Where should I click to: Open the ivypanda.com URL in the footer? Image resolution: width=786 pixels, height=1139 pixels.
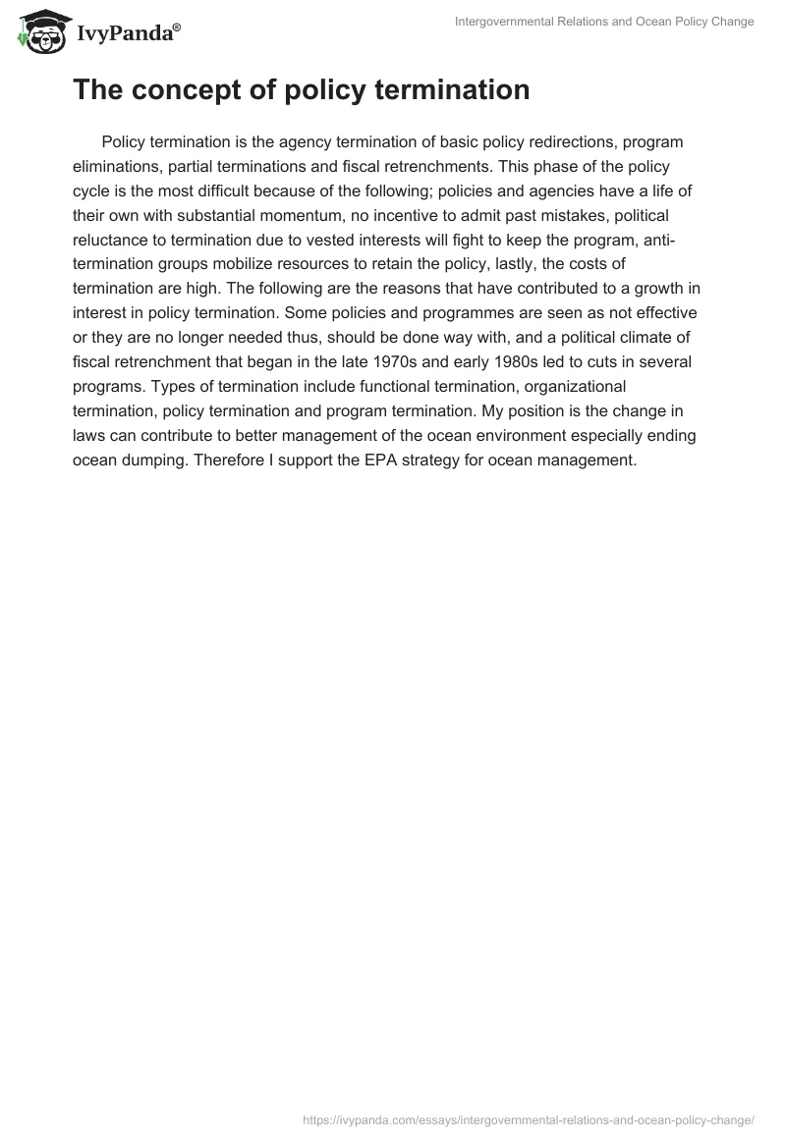point(529,1118)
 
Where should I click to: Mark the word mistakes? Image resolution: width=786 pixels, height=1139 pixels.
point(554,214)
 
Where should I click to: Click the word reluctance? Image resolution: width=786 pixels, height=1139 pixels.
point(113,239)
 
